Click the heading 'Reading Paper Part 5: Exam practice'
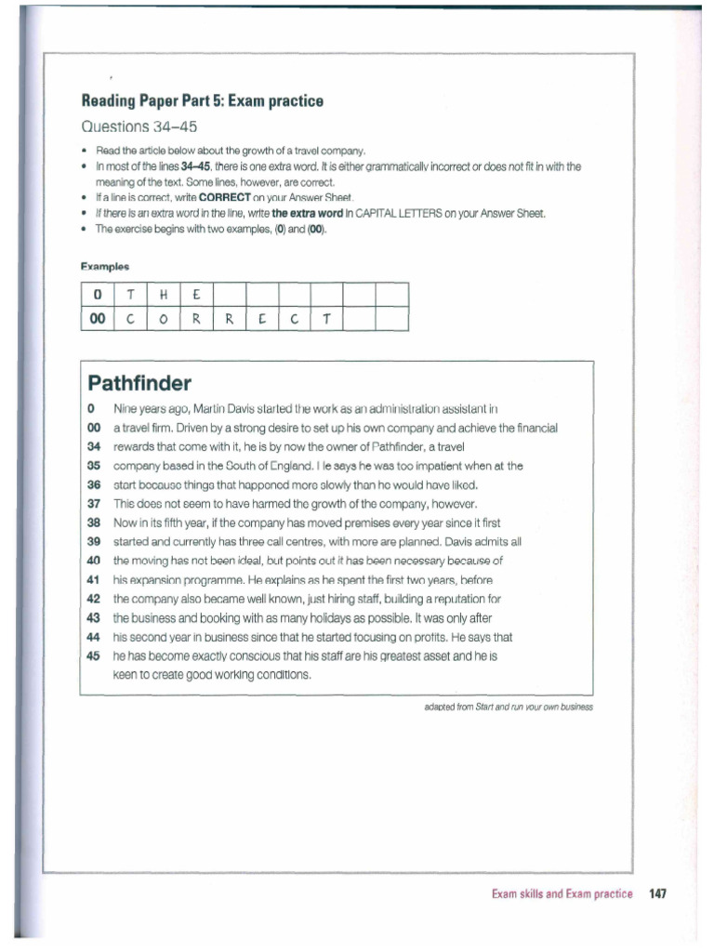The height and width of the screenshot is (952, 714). pyautogui.click(x=203, y=101)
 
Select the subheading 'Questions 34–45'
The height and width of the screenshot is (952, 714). pyautogui.click(x=139, y=126)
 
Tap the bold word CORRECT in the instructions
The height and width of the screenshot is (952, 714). pyautogui.click(x=225, y=198)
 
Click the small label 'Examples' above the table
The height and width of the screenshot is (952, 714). pyautogui.click(x=104, y=267)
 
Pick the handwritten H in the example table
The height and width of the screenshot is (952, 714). pyautogui.click(x=163, y=296)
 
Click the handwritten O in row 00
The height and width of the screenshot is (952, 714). pyautogui.click(x=163, y=320)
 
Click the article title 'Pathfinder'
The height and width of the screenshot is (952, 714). pyautogui.click(x=139, y=383)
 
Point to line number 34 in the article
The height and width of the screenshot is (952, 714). pyautogui.click(x=92, y=447)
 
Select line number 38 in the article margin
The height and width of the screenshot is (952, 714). pyautogui.click(x=92, y=522)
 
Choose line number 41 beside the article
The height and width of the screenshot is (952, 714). pyautogui.click(x=92, y=580)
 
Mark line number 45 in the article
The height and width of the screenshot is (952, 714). pyautogui.click(x=92, y=655)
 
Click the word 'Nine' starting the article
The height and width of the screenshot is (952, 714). pyautogui.click(x=126, y=408)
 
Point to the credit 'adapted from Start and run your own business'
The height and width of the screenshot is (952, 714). pyautogui.click(x=507, y=707)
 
